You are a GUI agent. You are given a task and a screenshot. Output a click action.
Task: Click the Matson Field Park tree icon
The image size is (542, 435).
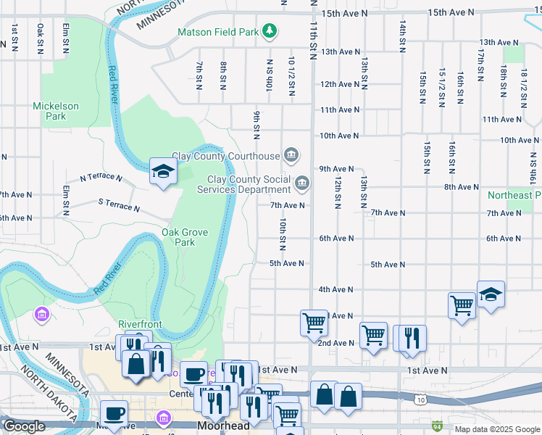point(270,31)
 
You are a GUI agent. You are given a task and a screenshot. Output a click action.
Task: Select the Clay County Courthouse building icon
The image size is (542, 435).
point(291,155)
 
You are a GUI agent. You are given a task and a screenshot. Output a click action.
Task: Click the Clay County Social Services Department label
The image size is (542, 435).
point(249,185)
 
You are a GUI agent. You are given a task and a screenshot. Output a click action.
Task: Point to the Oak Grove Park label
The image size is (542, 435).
point(185,237)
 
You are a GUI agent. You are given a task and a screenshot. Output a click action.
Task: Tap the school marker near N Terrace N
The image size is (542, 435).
point(163,173)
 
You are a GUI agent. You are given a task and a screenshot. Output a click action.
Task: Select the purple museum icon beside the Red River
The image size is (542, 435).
point(41,315)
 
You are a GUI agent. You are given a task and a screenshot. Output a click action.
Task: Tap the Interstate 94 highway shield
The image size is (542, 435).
point(437,426)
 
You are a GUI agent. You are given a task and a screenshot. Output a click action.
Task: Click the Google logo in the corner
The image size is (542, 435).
point(24,426)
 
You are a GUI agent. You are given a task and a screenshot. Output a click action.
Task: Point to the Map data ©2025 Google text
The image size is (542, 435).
point(496,429)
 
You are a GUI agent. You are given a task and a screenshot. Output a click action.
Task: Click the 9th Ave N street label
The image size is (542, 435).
point(336,168)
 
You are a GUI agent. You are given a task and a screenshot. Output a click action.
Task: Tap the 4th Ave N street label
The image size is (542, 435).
point(336,289)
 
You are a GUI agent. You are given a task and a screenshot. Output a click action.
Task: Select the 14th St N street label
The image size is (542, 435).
point(401,36)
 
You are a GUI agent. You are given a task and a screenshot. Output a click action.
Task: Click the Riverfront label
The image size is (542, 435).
point(141,324)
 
